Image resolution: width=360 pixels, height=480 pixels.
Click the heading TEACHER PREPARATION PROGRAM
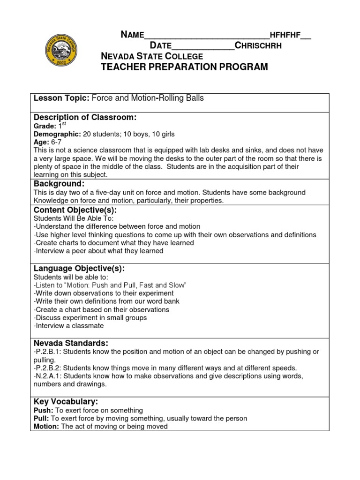[185, 67]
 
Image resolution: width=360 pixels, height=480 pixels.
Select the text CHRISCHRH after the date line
[258, 45]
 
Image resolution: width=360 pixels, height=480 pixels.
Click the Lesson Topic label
[61, 98]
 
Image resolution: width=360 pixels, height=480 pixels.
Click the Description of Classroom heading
[85, 117]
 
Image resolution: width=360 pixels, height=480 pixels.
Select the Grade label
[45, 126]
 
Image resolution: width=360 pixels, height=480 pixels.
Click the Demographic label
[58, 134]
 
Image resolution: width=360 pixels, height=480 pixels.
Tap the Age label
[41, 142]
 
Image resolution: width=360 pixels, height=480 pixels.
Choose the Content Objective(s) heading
[75, 210]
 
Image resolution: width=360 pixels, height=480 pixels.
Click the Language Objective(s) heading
[79, 268]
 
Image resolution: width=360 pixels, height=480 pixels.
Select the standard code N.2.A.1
[50, 376]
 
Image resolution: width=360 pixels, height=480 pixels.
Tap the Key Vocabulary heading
[66, 402]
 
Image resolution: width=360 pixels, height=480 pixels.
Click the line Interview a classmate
[68, 325]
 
